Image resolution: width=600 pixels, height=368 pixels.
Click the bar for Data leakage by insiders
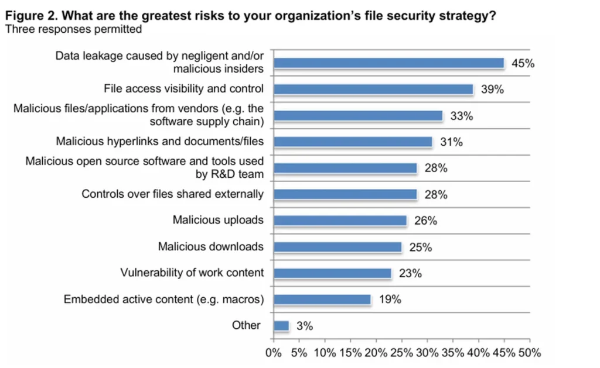[x=388, y=63]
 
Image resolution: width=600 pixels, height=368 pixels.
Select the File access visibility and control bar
[x=373, y=89]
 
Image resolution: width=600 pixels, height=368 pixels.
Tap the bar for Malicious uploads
[x=340, y=221]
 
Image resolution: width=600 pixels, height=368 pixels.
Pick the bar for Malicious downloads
[x=337, y=247]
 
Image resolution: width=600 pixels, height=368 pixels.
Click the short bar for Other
[x=281, y=325]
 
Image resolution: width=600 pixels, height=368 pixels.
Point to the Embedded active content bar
[x=322, y=300]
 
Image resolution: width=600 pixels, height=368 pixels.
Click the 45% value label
[x=523, y=63]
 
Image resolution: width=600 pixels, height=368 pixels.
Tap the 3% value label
[x=304, y=326]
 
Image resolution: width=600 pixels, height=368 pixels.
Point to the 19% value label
[x=389, y=300]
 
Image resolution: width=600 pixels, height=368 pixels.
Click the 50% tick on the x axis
[x=530, y=353]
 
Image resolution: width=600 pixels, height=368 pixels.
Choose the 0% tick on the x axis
[x=274, y=353]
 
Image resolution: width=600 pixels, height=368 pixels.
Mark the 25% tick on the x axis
[x=402, y=353]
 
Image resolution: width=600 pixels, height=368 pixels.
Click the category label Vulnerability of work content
[x=192, y=273]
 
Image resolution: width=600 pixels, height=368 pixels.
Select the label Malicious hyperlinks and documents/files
[x=159, y=141]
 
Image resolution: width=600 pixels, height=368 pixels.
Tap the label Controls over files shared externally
[x=172, y=194]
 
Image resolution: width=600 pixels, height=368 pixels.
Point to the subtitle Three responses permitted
[x=73, y=28]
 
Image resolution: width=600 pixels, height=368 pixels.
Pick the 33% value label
[x=462, y=116]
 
